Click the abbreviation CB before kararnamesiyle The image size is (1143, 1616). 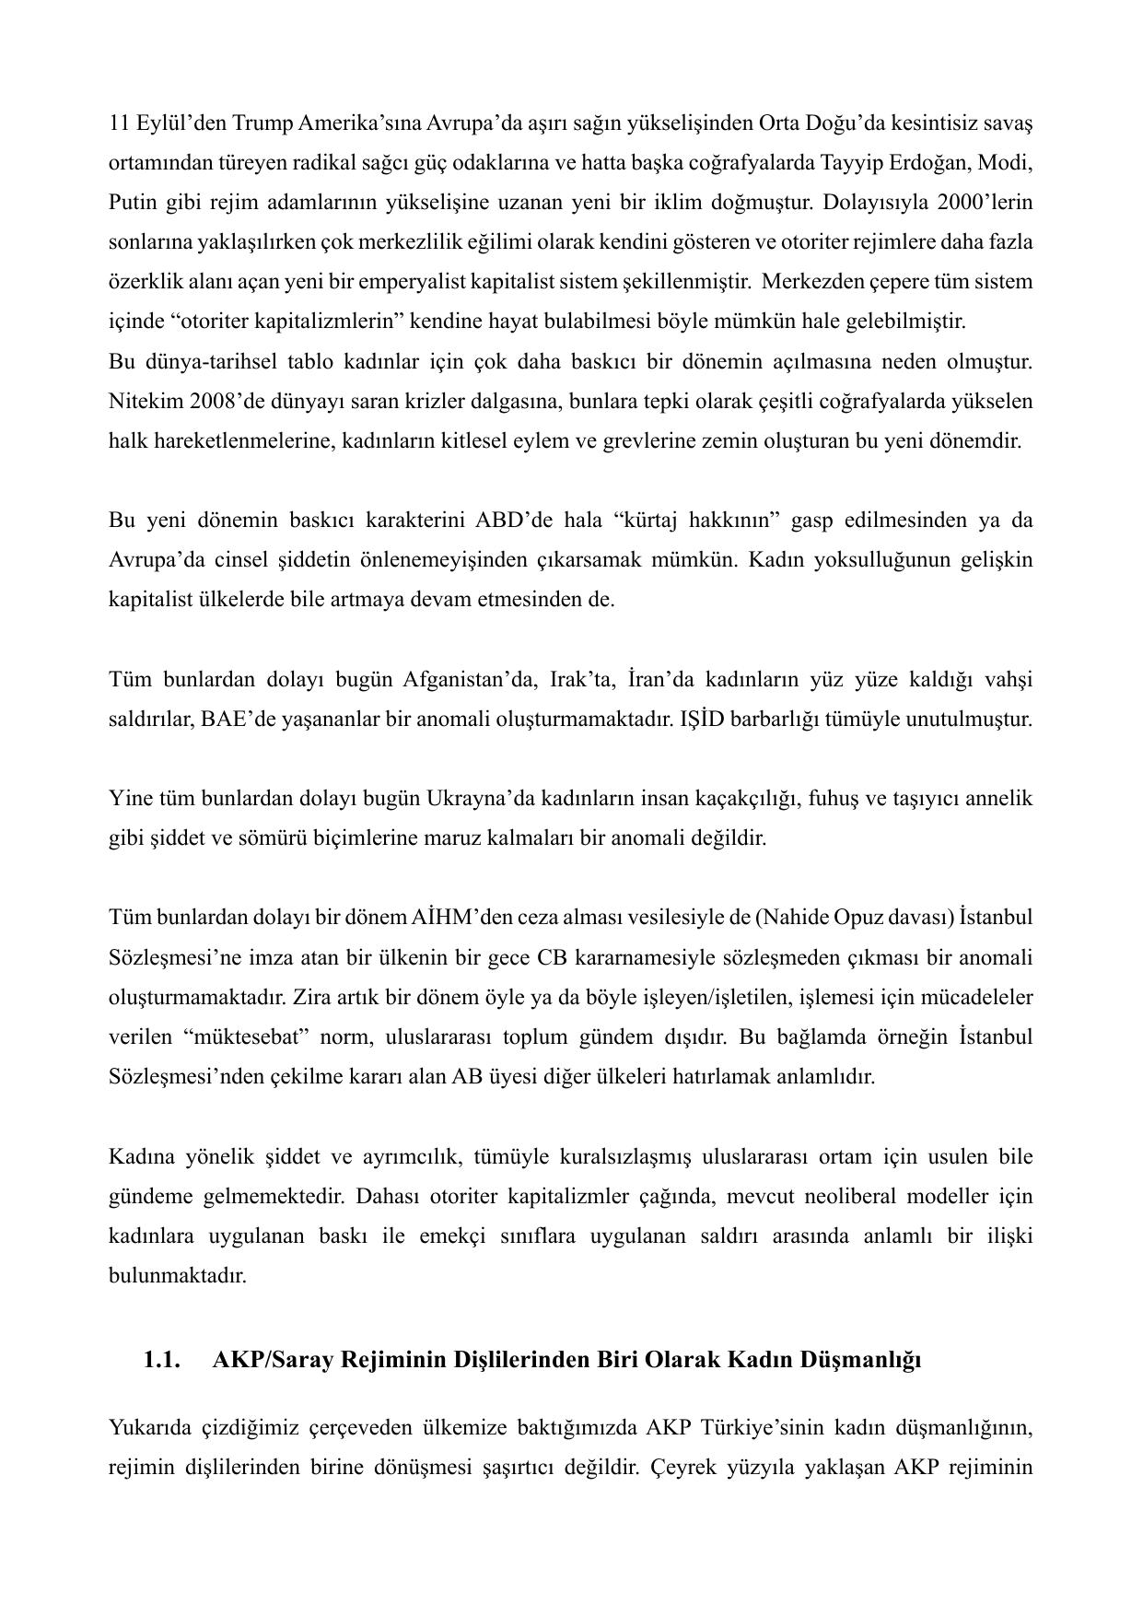click(x=552, y=958)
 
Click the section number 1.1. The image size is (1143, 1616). click(x=161, y=1360)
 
